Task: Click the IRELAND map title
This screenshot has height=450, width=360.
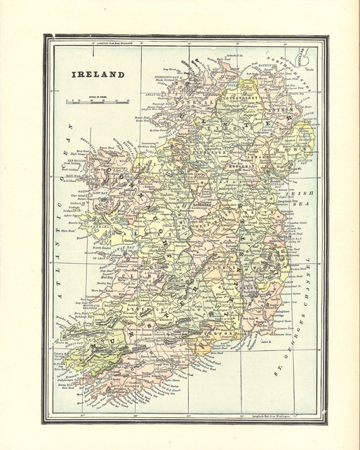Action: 97,74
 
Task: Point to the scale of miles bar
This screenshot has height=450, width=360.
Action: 97,100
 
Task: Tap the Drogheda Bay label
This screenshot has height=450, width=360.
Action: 288,201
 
